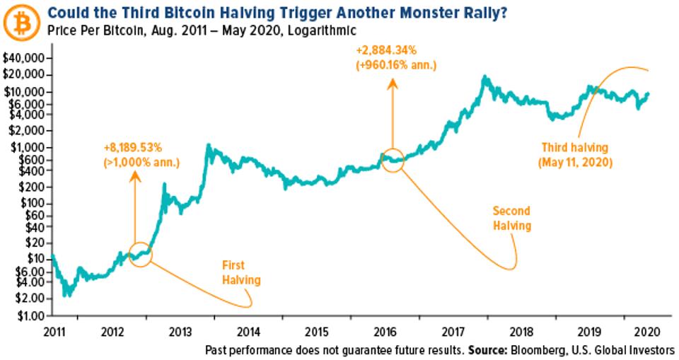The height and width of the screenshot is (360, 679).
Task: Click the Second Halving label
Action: [x=512, y=219]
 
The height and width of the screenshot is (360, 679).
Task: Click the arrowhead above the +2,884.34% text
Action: [x=392, y=83]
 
